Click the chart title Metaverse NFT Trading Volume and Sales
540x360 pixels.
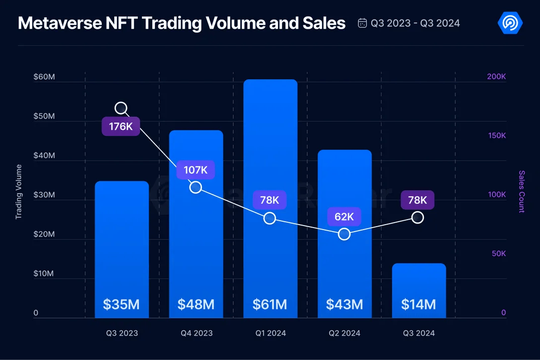[182, 23]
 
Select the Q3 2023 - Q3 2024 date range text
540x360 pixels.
[415, 23]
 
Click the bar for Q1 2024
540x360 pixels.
[270, 198]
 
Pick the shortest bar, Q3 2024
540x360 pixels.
[419, 290]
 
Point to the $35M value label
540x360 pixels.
[122, 304]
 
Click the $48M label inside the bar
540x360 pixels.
[196, 304]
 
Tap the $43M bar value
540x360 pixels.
[344, 304]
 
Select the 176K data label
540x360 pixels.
[121, 126]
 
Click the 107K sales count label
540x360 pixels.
[196, 170]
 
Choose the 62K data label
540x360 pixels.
[344, 217]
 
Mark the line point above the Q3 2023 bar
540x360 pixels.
[121, 108]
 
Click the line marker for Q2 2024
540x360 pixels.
[344, 234]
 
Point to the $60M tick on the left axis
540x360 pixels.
[44, 77]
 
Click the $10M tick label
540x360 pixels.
[44, 274]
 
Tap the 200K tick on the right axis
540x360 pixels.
[496, 77]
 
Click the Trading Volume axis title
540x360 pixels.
[19, 192]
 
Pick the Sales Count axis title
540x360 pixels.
[522, 191]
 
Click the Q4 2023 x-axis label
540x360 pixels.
[196, 333]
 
